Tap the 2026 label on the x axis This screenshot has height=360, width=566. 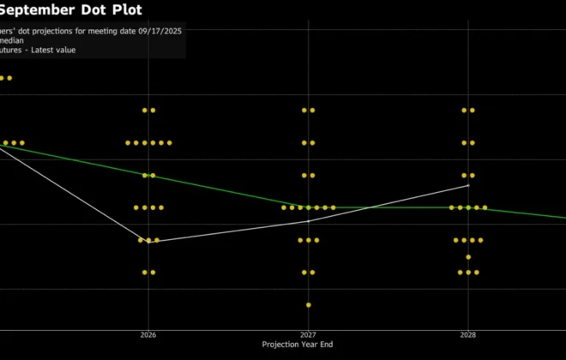(148, 335)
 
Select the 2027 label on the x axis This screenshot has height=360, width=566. (308, 335)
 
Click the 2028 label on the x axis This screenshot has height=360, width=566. (468, 335)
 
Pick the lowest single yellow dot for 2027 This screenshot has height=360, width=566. (309, 304)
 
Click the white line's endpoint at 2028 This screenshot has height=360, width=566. (468, 185)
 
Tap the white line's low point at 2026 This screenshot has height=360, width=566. (148, 241)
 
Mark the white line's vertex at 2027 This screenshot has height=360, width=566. (309, 221)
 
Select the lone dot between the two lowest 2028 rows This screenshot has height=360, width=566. (468, 256)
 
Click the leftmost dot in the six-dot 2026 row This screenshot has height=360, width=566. (128, 142)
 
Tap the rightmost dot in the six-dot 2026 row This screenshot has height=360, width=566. (170, 142)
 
